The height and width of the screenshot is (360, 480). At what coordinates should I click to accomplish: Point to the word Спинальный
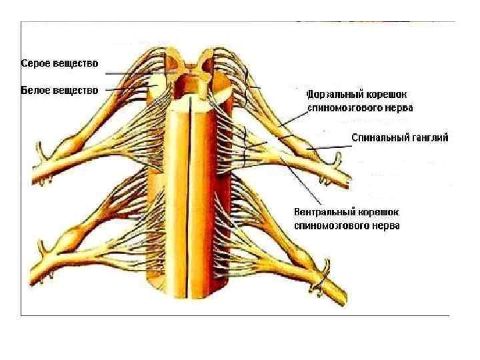point(378,137)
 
